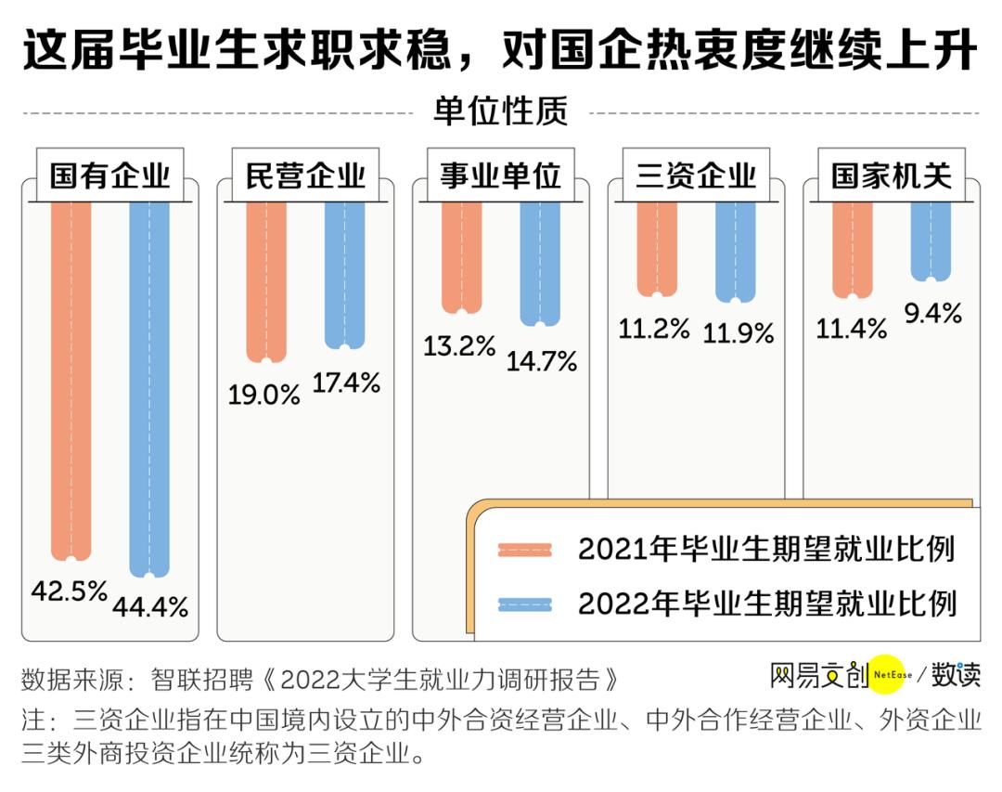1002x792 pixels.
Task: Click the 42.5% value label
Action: point(69,591)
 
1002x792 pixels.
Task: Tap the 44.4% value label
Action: point(151,607)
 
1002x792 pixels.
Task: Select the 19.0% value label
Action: point(264,394)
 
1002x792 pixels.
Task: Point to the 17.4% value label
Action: point(346,382)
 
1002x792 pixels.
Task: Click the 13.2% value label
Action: point(460,346)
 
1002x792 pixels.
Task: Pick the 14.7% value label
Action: point(542,360)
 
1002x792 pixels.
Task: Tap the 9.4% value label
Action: point(932,314)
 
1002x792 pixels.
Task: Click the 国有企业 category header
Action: point(109,175)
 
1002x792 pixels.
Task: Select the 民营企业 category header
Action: point(305,175)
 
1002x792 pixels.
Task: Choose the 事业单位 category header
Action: point(501,175)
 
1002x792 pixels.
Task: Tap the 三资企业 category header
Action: point(696,175)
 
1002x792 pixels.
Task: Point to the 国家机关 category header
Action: point(892,175)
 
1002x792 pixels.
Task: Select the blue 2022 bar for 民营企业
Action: point(345,274)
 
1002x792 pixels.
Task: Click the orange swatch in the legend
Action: point(525,549)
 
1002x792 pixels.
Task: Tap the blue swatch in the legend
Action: point(525,604)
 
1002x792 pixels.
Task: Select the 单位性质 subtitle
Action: point(500,113)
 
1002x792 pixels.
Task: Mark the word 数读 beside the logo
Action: point(956,675)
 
